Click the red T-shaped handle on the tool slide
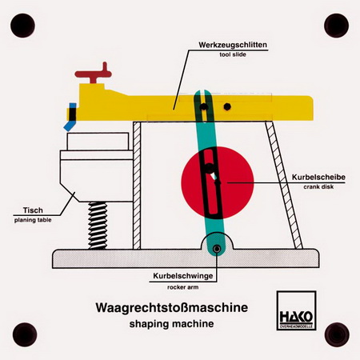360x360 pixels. pos(94,74)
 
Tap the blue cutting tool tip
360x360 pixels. pos(70,118)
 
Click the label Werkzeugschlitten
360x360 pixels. pos(233,45)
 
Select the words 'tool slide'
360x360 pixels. pos(233,54)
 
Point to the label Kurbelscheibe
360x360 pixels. pos(318,177)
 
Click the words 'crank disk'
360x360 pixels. pos(318,187)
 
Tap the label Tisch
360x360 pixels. pos(33,210)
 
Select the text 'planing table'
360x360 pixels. pos(33,220)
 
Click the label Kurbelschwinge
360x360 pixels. pos(183,276)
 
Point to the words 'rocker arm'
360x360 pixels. pos(183,287)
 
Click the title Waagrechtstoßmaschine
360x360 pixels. pos(172,307)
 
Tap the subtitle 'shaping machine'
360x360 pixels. pos(171,324)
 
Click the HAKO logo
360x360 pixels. pos(296,310)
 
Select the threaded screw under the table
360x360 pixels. pos(98,226)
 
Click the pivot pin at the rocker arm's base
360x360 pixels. pos(217,249)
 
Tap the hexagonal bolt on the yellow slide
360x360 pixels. pos(227,106)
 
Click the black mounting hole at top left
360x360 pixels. pos(22,26)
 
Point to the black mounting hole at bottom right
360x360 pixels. pos(337,334)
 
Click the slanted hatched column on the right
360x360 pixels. pos(284,185)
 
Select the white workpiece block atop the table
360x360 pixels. pos(98,142)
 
